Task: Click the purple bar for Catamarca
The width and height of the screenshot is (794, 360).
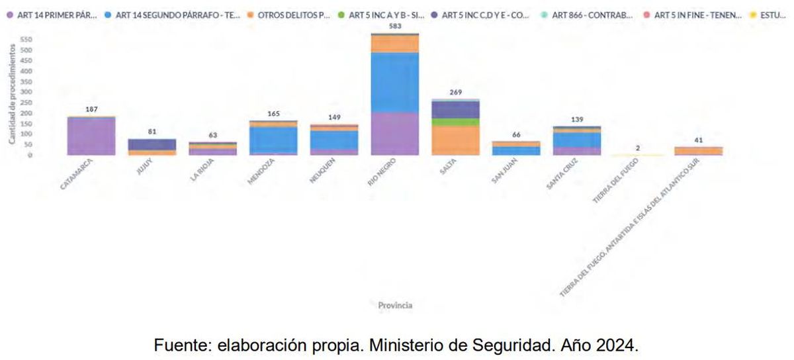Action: (91, 136)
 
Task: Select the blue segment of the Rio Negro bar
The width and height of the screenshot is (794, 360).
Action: (395, 83)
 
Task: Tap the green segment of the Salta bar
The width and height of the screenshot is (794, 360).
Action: (455, 122)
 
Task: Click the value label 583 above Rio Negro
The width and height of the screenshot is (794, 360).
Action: (395, 26)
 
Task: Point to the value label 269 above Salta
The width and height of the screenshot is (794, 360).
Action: (455, 93)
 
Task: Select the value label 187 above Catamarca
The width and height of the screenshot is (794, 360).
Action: (91, 109)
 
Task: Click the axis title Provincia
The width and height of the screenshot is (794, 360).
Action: (395, 305)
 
